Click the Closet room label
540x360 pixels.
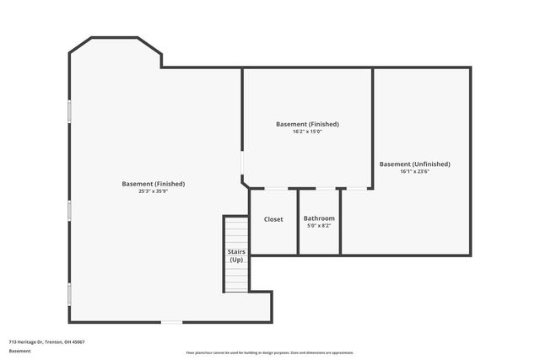273,219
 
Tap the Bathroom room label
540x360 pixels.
319,218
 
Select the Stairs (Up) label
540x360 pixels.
236,256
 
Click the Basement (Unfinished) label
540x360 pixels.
414,164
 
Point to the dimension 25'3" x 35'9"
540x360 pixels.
153,191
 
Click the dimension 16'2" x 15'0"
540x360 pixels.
307,132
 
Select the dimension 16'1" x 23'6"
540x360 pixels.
414,171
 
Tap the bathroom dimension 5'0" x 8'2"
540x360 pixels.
319,226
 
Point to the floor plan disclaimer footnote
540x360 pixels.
270,352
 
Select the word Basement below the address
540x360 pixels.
19,351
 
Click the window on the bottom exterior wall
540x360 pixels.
171,321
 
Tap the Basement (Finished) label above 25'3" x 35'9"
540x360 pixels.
153,184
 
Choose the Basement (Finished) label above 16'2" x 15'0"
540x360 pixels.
307,124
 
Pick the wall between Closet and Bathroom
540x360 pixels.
298,221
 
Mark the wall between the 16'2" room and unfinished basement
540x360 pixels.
372,126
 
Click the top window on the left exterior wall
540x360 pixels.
69,111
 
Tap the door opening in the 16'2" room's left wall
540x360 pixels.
243,163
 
